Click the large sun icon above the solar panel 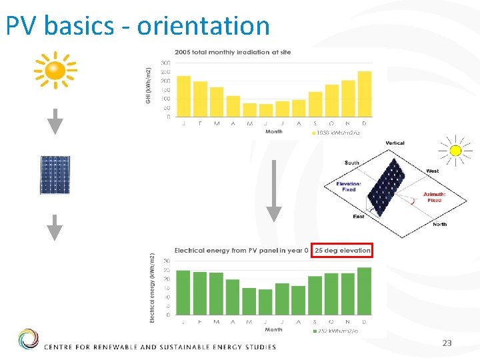[56, 69]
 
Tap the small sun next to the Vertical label [455, 151]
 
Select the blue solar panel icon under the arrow [55, 175]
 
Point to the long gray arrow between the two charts [273, 191]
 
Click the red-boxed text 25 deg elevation [342, 251]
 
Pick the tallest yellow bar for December [364, 94]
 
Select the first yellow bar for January [183, 96]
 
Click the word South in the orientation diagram [351, 163]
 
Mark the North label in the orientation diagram [439, 225]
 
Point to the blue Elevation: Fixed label [349, 187]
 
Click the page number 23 [447, 343]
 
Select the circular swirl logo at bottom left [28, 339]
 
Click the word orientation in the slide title [203, 26]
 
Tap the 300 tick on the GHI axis [165, 63]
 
